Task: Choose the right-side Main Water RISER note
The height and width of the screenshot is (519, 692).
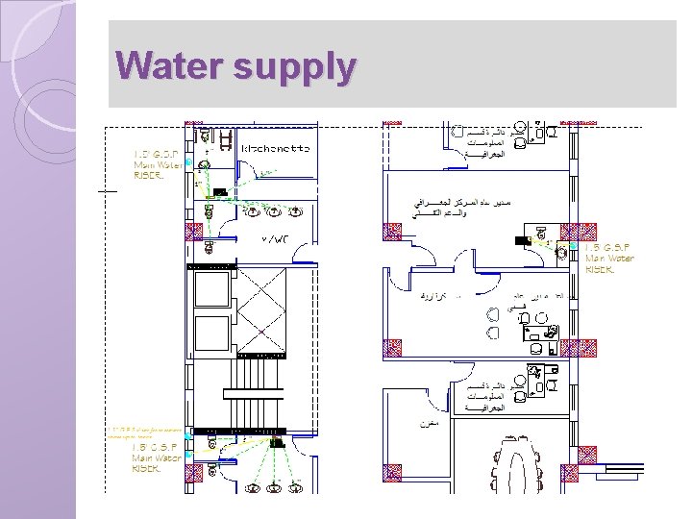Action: [x=609, y=258]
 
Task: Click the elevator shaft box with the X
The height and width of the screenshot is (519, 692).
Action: [x=259, y=309]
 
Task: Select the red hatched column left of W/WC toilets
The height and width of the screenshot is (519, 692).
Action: [x=194, y=232]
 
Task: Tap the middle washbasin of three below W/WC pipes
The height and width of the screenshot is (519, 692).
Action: [x=274, y=211]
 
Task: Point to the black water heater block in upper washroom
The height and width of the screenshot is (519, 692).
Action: [x=220, y=192]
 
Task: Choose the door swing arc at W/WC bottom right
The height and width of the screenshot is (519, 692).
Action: [x=304, y=254]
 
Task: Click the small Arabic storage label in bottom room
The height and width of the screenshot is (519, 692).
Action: [x=429, y=422]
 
